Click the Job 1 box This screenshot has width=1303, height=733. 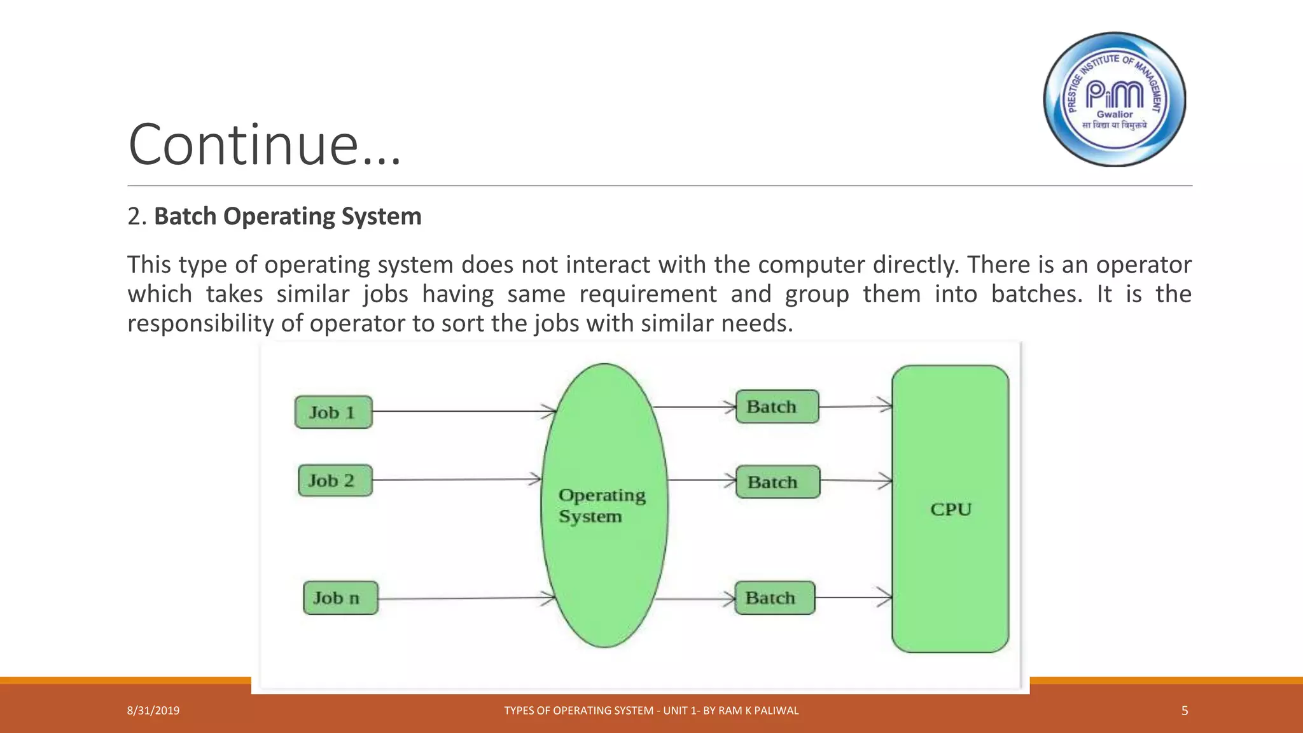tap(333, 412)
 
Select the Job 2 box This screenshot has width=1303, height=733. tap(335, 480)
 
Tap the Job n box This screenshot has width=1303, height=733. tap(340, 598)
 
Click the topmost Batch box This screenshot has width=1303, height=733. tap(777, 407)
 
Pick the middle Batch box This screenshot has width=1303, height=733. tap(777, 482)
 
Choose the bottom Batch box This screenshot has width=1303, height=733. tap(774, 598)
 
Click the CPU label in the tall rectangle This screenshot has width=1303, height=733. tap(951, 510)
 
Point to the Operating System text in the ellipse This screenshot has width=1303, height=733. tap(601, 505)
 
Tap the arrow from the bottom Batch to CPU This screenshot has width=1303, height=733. tap(853, 597)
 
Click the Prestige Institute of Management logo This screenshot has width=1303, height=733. tap(1115, 99)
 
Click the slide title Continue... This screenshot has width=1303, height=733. tap(265, 145)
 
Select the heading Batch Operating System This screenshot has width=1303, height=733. tap(288, 216)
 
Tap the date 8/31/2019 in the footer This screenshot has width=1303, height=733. tap(153, 711)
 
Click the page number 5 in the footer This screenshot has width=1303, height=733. tap(1184, 711)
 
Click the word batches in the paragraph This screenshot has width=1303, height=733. tap(1036, 294)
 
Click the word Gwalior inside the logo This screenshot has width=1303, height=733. tap(1114, 115)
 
